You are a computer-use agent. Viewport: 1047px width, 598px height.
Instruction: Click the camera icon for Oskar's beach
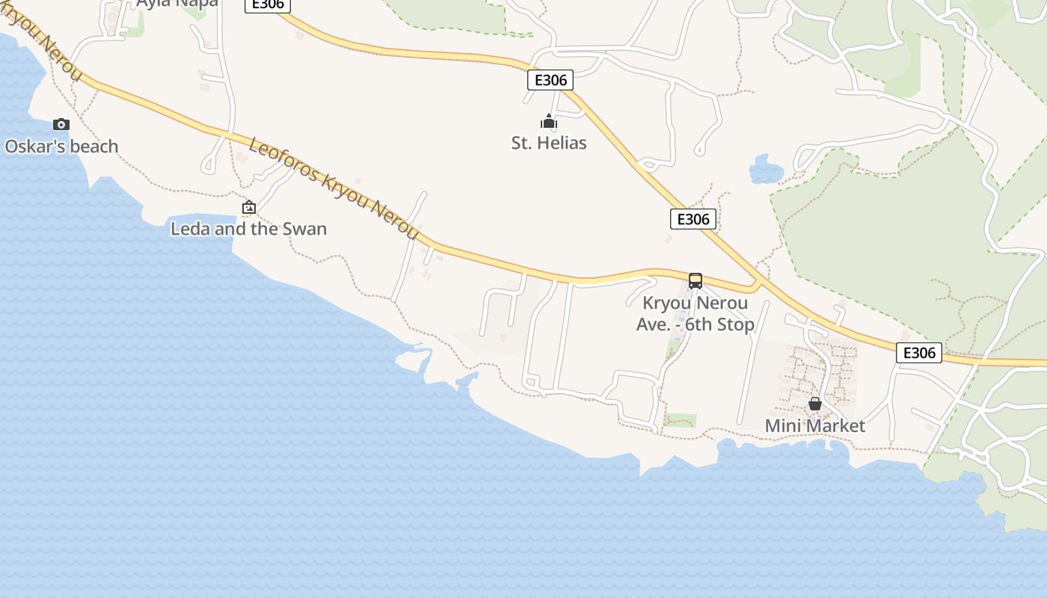pos(61,124)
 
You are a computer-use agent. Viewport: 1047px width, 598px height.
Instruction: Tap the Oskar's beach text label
pos(62,147)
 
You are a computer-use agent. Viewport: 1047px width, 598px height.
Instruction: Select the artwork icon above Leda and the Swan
pos(249,207)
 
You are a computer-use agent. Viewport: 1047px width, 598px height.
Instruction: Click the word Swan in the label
pos(305,229)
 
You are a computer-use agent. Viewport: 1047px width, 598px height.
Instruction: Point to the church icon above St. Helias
pos(549,121)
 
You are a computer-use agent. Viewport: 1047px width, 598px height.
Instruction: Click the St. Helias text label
pos(549,143)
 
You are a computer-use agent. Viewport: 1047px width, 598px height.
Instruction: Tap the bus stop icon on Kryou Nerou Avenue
pos(696,281)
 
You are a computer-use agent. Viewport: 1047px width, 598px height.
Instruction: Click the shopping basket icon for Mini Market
pos(815,404)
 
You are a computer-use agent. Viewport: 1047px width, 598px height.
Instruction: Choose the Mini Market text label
pos(815,426)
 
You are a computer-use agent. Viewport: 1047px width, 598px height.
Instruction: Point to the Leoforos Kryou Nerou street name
pos(334,188)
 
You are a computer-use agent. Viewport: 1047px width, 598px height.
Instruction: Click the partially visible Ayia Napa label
pos(177,3)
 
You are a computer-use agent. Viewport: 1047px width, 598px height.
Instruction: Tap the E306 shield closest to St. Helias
pos(550,80)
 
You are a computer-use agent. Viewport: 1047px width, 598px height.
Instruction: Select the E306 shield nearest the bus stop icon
pos(693,219)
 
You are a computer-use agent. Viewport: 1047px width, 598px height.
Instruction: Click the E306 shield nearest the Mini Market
pos(919,353)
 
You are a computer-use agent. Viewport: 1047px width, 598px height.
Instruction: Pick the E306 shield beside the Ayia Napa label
pos(268,4)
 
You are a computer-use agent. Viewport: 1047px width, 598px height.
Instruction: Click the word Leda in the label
pos(190,229)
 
